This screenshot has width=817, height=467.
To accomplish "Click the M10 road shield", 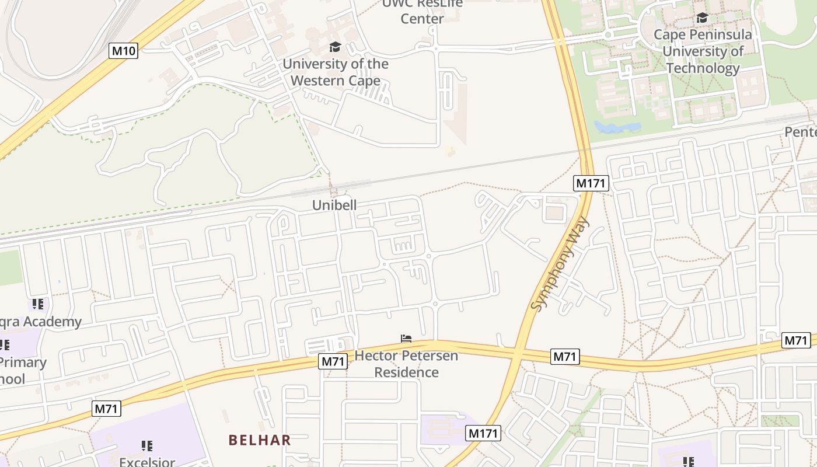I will coord(124,51).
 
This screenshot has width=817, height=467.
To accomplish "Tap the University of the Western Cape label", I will coord(336,72).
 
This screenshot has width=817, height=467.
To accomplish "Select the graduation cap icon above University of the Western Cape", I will coord(335,47).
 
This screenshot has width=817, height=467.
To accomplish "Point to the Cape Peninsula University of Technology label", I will coord(703,51).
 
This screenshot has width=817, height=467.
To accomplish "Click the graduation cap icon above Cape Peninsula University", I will coord(702,18).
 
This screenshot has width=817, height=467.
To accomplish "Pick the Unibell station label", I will coord(334,205).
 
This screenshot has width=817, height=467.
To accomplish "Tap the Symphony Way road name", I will coord(561,263).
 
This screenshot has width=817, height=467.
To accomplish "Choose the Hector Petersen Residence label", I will coord(406,364).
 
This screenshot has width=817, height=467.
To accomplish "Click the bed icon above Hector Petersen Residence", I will coord(406,339).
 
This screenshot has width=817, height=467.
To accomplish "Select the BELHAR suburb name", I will coord(260,440).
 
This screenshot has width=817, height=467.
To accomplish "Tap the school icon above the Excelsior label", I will coord(147,446).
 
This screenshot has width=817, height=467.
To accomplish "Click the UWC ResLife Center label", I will coord(422,11).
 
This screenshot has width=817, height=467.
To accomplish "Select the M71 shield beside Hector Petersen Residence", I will coord(333,362).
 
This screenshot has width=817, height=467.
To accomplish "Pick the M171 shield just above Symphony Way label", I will coord(592,183).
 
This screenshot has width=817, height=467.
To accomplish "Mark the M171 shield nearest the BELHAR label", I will coord(483,433).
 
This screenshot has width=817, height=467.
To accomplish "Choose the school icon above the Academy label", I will coord(38,304).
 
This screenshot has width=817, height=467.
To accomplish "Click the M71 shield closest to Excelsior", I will coord(106,409).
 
